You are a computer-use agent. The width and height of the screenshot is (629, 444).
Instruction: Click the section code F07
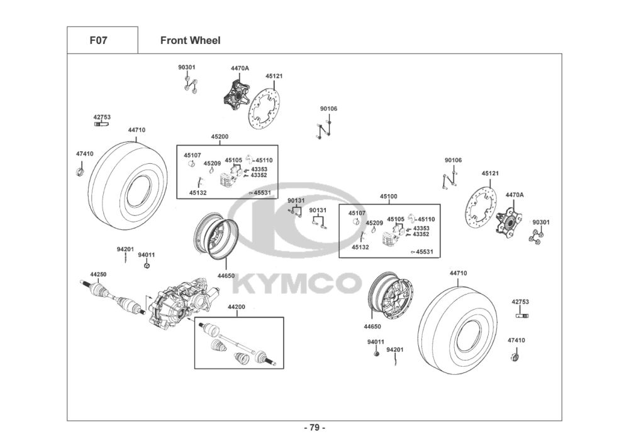pyautogui.click(x=98, y=41)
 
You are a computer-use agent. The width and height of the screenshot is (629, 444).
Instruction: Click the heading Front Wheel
pyautogui.click(x=190, y=41)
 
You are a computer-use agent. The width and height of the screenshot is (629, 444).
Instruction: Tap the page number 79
pyautogui.click(x=314, y=428)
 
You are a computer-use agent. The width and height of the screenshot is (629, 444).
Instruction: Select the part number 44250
pyautogui.click(x=98, y=274)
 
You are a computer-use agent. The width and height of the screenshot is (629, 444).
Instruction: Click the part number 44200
pyautogui.click(x=236, y=307)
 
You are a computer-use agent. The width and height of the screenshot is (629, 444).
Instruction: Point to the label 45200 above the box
pyautogui.click(x=220, y=136)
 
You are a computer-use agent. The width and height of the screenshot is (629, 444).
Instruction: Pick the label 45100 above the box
pyautogui.click(x=388, y=197)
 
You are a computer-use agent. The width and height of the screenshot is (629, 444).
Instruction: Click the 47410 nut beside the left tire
pyautogui.click(x=80, y=170)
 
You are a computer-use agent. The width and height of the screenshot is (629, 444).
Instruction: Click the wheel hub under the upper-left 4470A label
pyautogui.click(x=236, y=92)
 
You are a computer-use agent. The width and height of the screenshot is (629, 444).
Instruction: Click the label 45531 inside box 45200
pyautogui.click(x=263, y=193)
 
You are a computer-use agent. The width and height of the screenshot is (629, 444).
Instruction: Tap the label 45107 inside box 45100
pyautogui.click(x=357, y=214)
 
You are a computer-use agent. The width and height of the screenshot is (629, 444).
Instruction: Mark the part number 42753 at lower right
pyautogui.click(x=520, y=301)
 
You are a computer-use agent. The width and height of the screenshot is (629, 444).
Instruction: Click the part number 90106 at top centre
pyautogui.click(x=328, y=109)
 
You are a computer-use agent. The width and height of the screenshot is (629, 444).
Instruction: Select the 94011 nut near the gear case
pyautogui.click(x=146, y=265)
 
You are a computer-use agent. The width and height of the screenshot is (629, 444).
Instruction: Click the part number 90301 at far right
pyautogui.click(x=541, y=222)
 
